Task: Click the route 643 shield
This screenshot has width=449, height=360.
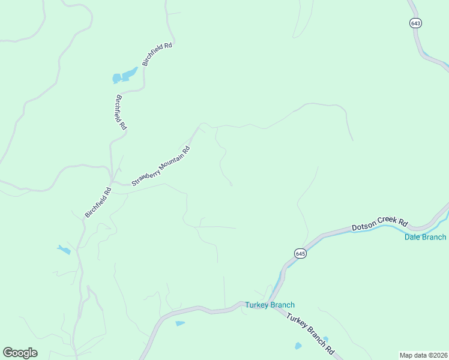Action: point(416,23)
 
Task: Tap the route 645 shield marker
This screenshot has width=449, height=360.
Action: point(301,254)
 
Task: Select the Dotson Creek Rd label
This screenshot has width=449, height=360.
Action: point(379,225)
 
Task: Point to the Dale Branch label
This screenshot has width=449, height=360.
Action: point(424,237)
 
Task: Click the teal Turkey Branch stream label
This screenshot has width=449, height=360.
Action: point(270,305)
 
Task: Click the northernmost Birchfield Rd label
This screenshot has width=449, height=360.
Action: point(157,54)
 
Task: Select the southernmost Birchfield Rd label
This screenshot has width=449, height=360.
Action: point(98,203)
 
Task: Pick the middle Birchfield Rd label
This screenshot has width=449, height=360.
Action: point(121,112)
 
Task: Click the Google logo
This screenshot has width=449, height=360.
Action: point(20,353)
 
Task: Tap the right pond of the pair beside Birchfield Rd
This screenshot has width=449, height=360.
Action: point(129,74)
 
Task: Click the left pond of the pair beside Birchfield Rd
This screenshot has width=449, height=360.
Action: point(116,79)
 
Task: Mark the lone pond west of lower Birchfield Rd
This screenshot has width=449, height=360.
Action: point(64,250)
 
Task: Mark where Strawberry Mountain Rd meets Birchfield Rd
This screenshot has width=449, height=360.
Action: point(112,182)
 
